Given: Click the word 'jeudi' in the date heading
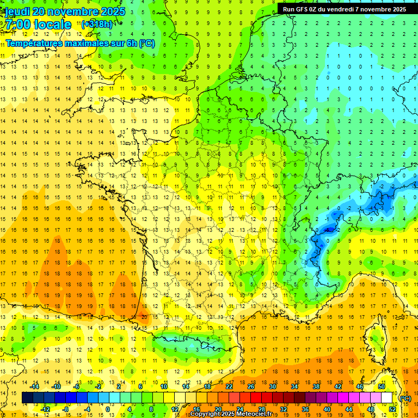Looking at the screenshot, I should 17,11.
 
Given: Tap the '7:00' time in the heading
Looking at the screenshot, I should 17,24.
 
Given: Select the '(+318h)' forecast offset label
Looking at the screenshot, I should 97,24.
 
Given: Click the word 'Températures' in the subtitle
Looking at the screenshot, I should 35,43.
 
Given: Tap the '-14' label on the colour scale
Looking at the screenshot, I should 35,386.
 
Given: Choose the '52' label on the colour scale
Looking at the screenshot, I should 392,409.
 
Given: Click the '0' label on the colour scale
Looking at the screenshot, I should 108,409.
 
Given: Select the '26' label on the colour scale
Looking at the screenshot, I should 251,386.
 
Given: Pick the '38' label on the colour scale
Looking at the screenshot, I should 316,386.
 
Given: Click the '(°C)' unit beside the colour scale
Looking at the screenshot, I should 405,398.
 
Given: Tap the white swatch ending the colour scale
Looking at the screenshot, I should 387,398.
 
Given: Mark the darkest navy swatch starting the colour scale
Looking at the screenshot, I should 27,398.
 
